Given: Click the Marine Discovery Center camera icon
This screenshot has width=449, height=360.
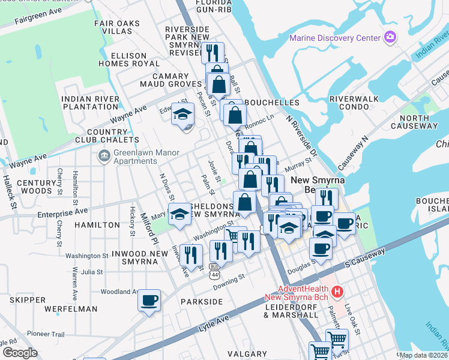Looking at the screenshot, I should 390,38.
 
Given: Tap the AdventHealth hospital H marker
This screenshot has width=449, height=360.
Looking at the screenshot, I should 337,292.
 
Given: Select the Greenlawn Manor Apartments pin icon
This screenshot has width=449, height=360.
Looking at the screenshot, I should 104,156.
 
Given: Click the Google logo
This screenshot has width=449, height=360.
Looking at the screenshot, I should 20,353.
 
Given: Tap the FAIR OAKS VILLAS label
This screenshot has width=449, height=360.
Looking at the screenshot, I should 117,28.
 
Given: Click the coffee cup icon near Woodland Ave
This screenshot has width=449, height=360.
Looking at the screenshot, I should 149,300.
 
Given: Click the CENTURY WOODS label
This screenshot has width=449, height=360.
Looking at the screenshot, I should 36,187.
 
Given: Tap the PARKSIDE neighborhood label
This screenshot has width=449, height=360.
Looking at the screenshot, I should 201,302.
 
